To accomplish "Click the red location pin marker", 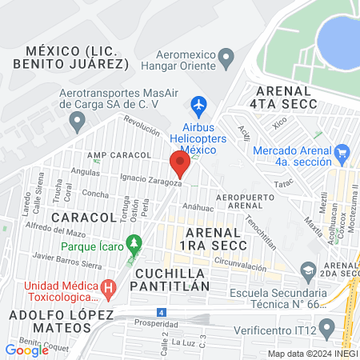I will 180,163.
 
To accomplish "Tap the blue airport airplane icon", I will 199,105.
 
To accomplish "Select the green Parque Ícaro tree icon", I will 134,241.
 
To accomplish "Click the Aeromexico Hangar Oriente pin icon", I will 226,58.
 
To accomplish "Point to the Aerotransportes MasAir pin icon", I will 77,122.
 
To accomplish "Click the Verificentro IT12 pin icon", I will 326,327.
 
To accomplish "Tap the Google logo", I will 27,350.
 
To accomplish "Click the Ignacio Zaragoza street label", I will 151,179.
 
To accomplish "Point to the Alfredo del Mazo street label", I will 55,233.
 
